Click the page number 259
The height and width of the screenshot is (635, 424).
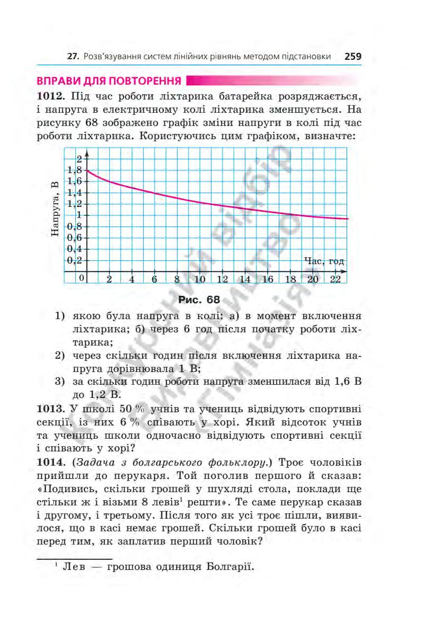click(352, 56)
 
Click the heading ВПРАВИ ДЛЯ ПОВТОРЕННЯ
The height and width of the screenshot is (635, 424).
click(109, 81)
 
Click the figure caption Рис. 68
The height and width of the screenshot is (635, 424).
click(199, 300)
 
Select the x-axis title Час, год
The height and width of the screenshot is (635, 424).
click(325, 261)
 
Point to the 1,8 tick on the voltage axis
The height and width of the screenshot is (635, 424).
click(75, 170)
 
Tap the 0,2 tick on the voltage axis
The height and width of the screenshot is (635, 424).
click(75, 260)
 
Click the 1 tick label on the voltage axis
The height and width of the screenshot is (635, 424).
click(79, 215)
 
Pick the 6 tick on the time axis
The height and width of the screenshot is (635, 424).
click(154, 279)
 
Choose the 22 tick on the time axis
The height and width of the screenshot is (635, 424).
click(335, 279)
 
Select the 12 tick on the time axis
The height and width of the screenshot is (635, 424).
click(222, 279)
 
